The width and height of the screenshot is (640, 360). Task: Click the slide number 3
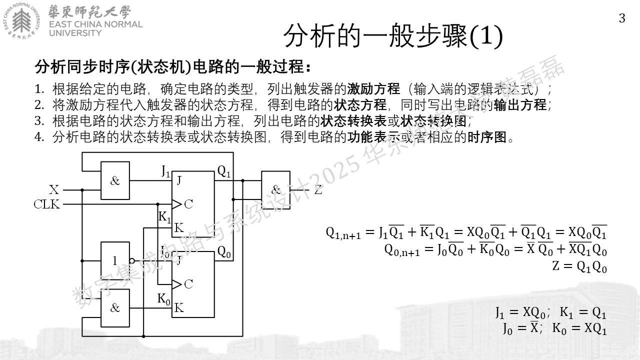(622, 18)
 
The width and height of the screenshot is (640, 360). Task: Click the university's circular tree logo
(21, 21)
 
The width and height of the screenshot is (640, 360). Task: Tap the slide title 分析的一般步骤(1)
(393, 36)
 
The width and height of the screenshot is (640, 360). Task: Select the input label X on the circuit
(54, 189)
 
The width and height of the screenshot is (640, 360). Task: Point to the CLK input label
(47, 204)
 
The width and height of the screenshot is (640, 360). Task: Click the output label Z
(318, 189)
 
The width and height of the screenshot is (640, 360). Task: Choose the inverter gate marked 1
(115, 261)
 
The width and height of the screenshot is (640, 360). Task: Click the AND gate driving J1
(115, 180)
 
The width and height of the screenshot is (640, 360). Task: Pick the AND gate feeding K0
(115, 308)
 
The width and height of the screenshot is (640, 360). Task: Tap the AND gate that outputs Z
(275, 190)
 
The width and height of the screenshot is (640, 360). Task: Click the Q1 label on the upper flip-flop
(223, 171)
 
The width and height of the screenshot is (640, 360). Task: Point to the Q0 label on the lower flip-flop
(223, 251)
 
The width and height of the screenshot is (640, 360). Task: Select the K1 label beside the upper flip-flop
(164, 217)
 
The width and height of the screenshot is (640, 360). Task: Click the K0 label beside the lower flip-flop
(164, 299)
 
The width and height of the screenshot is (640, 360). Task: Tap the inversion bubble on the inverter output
(132, 261)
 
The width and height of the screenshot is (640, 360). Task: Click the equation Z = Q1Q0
(579, 267)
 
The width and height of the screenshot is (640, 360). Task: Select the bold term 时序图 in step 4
(487, 137)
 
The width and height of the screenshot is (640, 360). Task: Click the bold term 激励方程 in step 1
(373, 89)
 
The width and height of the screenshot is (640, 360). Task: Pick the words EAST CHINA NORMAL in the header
(95, 24)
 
